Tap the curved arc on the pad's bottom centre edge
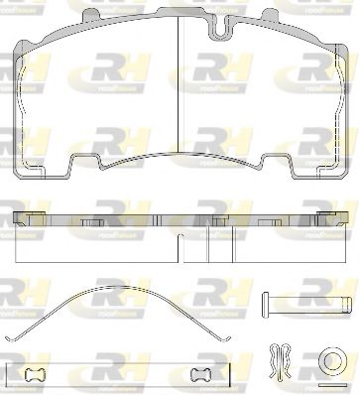179,155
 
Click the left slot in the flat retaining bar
37,375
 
